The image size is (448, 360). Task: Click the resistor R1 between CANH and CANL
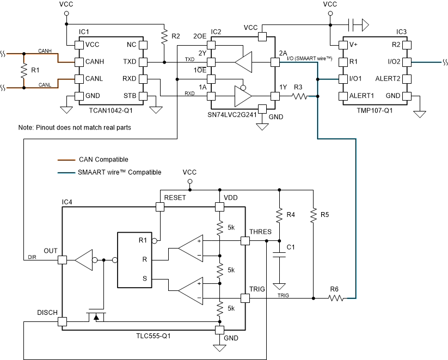pyautogui.click(x=23, y=70)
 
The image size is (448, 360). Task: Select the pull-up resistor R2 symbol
pyautogui.click(x=163, y=37)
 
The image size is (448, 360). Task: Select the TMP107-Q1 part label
pyautogui.click(x=375, y=110)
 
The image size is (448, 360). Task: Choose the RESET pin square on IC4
pyautogui.click(x=159, y=207)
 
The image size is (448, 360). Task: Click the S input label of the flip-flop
pyautogui.click(x=144, y=279)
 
